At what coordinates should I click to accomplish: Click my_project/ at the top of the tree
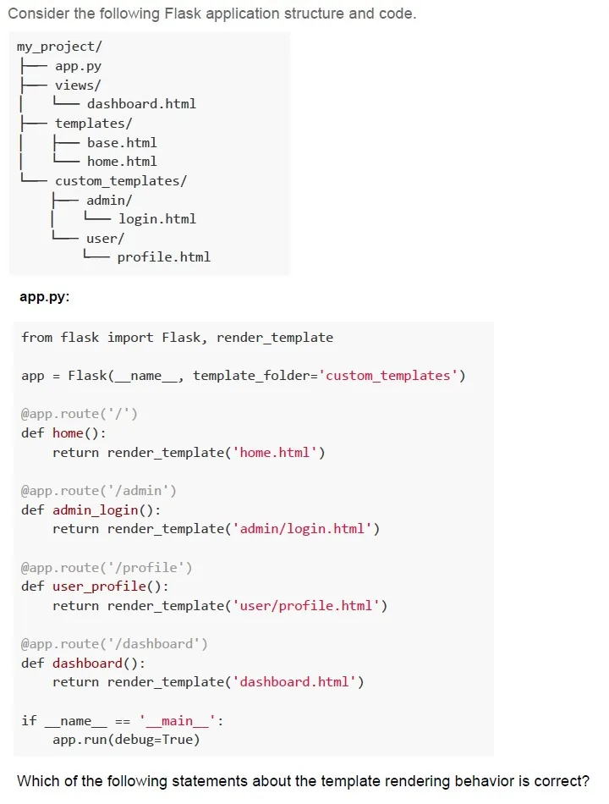coord(59,47)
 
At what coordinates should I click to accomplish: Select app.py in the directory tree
coord(78,66)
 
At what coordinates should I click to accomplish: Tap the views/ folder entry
coord(78,85)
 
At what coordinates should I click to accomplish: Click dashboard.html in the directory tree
coord(141,104)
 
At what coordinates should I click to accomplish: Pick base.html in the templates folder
coord(122,142)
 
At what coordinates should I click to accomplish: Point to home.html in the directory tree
coord(122,162)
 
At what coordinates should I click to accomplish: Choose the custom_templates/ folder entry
coord(121,181)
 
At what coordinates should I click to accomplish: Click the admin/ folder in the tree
coord(109,200)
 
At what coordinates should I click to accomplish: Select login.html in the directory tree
coord(157,219)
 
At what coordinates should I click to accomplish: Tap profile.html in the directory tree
coord(164,257)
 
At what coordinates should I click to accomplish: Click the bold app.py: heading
coord(45,297)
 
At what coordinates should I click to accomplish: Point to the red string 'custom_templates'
coord(387,376)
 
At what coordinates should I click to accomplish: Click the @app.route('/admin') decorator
coord(99,491)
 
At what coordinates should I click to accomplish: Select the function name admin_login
coord(96,510)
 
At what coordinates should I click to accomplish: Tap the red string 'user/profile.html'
coord(306,606)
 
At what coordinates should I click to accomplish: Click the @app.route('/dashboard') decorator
coord(114,644)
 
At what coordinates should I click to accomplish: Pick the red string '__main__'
coord(178,721)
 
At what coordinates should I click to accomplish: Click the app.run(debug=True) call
coord(126,740)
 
